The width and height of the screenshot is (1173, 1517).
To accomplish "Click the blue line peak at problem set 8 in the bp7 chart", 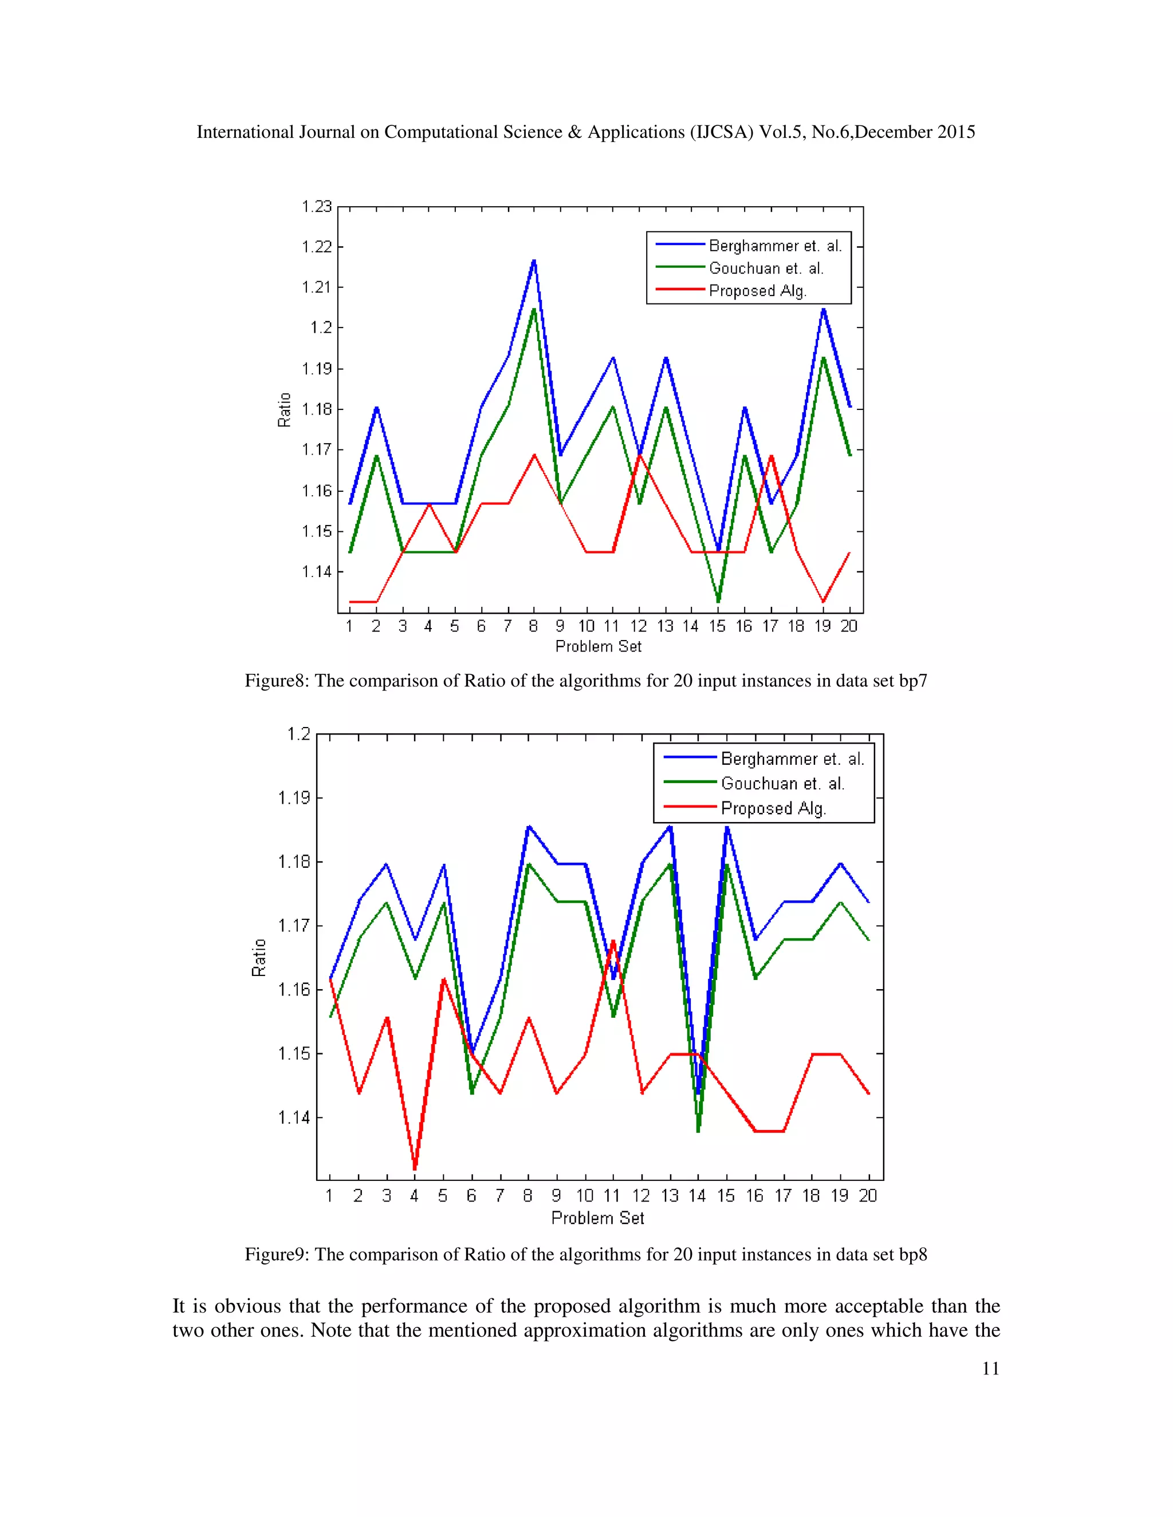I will [x=534, y=261].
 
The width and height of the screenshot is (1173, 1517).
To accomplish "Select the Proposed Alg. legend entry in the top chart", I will [x=757, y=291].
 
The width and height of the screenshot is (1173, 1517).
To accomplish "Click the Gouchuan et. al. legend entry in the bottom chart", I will [x=782, y=784].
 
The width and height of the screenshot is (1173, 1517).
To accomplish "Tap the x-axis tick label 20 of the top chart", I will [x=848, y=626].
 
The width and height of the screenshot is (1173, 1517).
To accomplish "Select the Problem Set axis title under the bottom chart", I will [x=597, y=1218].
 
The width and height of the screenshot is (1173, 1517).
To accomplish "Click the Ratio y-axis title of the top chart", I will [x=284, y=410].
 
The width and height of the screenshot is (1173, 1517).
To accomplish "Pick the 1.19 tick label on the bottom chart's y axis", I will [x=294, y=798].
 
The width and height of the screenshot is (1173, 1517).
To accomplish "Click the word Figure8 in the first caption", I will [x=276, y=681].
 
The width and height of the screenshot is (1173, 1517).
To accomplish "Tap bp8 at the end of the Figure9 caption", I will [x=912, y=1254].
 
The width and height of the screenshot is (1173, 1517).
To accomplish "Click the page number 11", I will [x=990, y=1368].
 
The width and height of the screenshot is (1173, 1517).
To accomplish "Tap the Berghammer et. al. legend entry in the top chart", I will [x=775, y=246].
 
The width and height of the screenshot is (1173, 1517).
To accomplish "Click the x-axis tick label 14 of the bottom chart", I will [x=697, y=1196].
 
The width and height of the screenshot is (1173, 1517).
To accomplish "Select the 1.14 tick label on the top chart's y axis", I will [x=316, y=572].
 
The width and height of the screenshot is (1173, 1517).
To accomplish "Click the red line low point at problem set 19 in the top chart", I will [x=824, y=602].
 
